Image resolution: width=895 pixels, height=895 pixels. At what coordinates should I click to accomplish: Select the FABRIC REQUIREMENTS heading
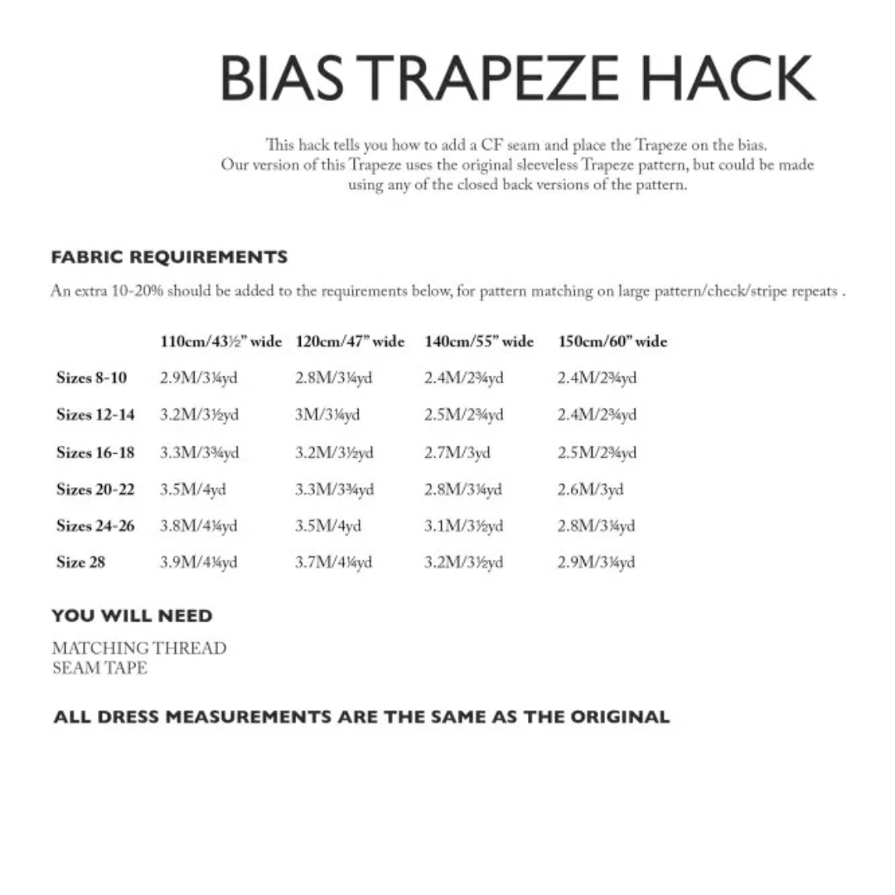[x=169, y=257]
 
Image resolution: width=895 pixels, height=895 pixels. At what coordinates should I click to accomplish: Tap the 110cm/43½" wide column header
[x=220, y=341]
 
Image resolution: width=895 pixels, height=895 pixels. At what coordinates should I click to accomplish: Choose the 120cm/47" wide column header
[x=350, y=341]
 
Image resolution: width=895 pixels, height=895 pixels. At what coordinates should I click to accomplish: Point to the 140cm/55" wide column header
[x=479, y=341]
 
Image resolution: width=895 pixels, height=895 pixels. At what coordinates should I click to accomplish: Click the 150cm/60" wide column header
[x=612, y=341]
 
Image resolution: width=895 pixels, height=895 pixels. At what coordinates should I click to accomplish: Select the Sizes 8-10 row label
[x=92, y=378]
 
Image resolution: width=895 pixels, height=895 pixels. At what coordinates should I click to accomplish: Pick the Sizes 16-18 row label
[x=95, y=452]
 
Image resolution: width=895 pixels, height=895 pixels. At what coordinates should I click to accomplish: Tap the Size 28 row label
[x=81, y=563]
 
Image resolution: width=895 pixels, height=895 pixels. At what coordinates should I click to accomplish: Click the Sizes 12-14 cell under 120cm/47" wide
[x=327, y=414]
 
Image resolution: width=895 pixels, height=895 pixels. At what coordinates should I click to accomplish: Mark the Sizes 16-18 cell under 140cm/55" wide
[x=457, y=452]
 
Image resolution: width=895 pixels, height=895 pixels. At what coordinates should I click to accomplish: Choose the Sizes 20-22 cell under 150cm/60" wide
[x=590, y=490]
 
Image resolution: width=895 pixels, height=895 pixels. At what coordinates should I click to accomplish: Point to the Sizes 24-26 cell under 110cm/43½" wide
[x=199, y=526]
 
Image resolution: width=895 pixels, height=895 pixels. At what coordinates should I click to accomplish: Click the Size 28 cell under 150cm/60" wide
[x=597, y=563]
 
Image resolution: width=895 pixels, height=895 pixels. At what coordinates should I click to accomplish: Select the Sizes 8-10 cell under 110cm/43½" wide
[x=199, y=378]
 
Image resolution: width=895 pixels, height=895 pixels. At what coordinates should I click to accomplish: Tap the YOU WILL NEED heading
[x=132, y=616]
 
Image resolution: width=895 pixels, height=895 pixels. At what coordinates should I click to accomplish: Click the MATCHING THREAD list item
[x=138, y=648]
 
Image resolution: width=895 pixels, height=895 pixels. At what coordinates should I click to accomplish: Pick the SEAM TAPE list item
[x=99, y=668]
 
